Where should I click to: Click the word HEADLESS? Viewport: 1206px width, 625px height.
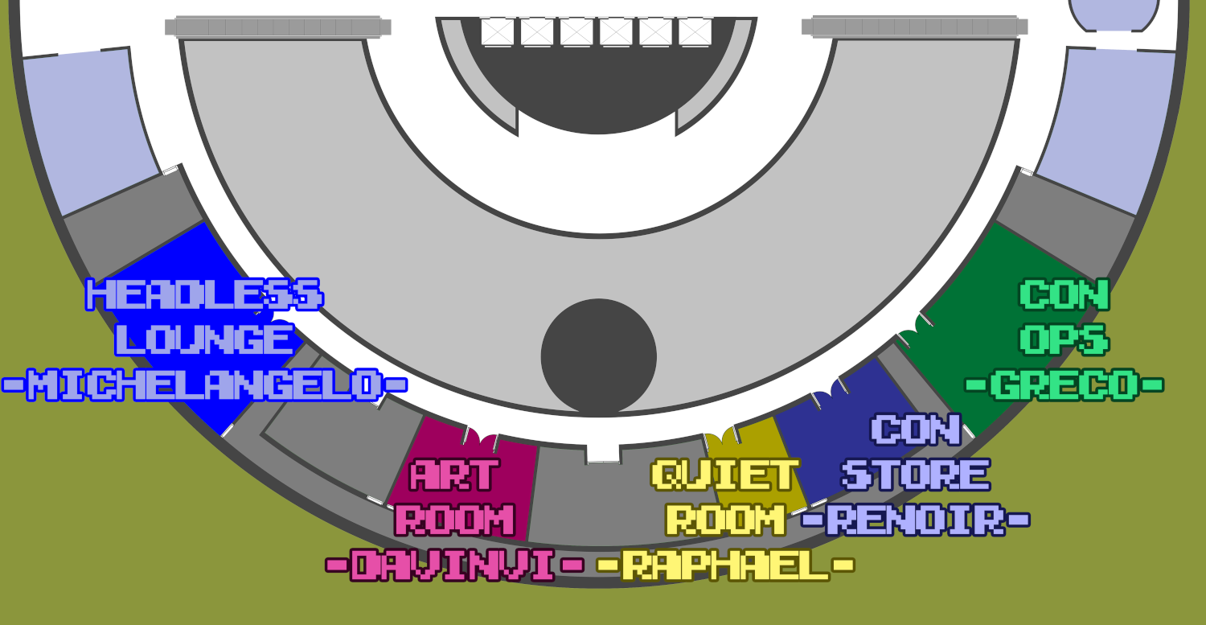pyautogui.click(x=204, y=294)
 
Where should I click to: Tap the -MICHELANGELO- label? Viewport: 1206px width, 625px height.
pyautogui.click(x=204, y=384)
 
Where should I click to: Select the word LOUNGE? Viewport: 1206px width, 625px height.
pyautogui.click(x=204, y=339)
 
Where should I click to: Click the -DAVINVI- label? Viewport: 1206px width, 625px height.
pyautogui.click(x=455, y=565)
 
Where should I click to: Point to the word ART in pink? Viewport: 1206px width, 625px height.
pyautogui.click(x=455, y=475)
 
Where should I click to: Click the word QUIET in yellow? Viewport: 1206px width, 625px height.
pyautogui.click(x=726, y=475)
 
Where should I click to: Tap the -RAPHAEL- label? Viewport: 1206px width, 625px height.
pyautogui.click(x=726, y=565)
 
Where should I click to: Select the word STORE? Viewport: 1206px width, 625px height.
pyautogui.click(x=916, y=475)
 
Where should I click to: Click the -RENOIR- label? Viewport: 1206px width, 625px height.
pyautogui.click(x=916, y=520)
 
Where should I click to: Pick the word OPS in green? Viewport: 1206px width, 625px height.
pyautogui.click(x=1064, y=339)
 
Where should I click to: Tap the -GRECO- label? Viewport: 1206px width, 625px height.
pyautogui.click(x=1064, y=384)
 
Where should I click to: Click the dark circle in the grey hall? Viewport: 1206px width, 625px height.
pyautogui.click(x=599, y=356)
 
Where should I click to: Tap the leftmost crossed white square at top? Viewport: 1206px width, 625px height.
pyautogui.click(x=497, y=31)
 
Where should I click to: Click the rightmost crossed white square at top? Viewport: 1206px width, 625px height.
pyautogui.click(x=695, y=31)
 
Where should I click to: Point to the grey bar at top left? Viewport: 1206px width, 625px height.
pyautogui.click(x=277, y=27)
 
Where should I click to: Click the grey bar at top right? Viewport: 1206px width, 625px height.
pyautogui.click(x=914, y=27)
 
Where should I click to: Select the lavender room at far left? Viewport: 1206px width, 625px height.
pyautogui.click(x=88, y=129)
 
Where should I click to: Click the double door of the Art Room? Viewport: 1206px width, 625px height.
pyautogui.click(x=481, y=438)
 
